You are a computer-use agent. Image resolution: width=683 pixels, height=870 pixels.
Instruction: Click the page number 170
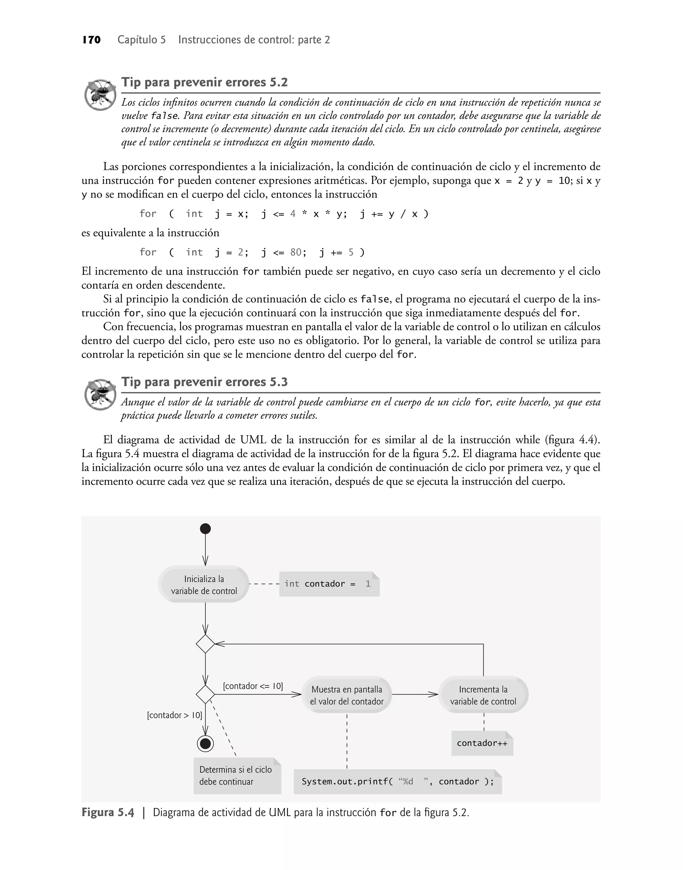pos(92,40)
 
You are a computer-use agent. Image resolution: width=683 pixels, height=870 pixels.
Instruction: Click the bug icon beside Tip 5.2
pos(100,95)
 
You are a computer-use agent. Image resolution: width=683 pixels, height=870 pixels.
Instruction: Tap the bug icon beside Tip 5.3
pos(100,394)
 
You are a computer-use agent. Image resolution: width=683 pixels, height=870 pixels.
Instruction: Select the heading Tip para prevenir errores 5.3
pos(204,382)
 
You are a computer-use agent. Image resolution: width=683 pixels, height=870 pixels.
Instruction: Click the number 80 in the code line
pos(296,253)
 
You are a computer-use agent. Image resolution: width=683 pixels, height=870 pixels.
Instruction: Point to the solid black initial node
pos(205,529)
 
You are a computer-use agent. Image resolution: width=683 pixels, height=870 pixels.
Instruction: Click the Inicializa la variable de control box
pos(204,585)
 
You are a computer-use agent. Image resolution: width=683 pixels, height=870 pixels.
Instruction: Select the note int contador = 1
pos(329,584)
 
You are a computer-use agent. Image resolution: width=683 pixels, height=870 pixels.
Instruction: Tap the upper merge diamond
pos(205,644)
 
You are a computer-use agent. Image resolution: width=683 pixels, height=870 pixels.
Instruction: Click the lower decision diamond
pos(205,695)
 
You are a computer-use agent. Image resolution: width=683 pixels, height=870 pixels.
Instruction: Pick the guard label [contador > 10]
pos(174,715)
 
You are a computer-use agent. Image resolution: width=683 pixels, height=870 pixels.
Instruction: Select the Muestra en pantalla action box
pos(347,695)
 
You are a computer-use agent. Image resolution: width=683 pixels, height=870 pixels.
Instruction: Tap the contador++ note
pos(482,743)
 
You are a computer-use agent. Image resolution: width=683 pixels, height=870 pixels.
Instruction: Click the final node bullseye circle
pos(205,744)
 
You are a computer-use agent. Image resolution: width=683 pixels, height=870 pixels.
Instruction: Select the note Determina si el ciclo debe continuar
pos(237,776)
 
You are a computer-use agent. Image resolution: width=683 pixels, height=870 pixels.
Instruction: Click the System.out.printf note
pos(398,782)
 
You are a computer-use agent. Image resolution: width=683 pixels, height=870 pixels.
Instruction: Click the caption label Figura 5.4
pos(108,812)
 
